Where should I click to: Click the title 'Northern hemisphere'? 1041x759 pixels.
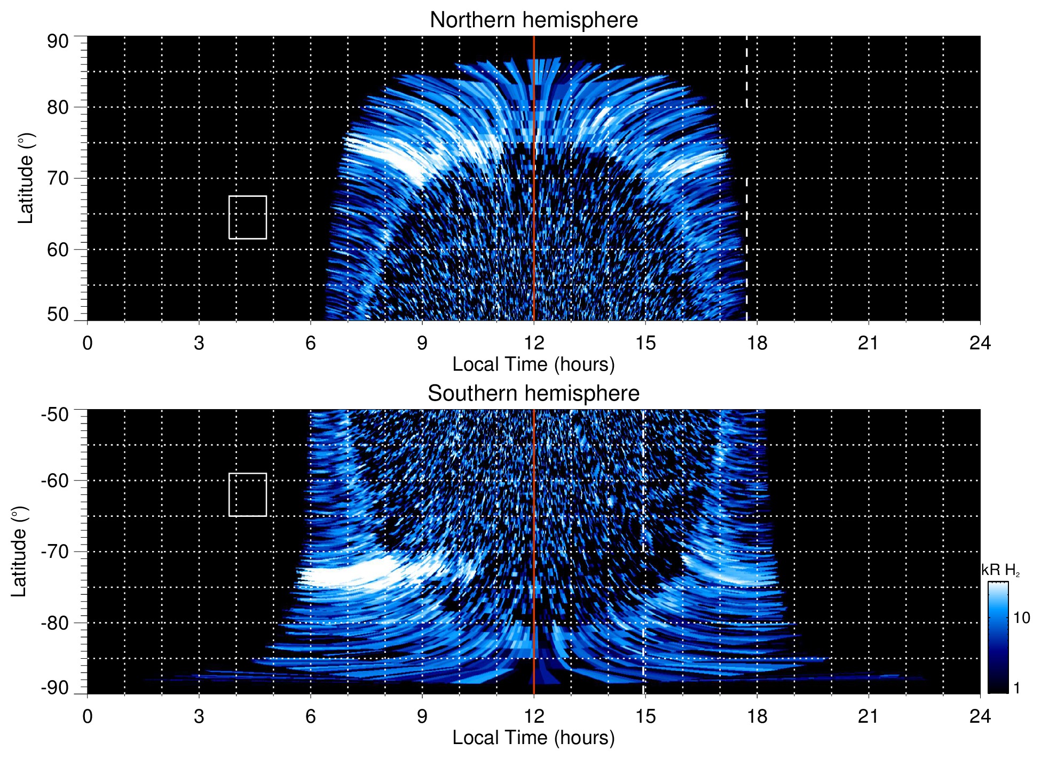[x=533, y=20]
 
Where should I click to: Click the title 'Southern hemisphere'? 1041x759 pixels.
[x=533, y=394]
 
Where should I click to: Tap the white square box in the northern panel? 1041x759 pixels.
[x=248, y=217]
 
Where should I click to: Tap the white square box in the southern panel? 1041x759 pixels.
[x=248, y=494]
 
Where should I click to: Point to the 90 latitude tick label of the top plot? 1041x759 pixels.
[x=58, y=42]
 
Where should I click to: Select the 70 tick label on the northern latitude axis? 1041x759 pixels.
[x=58, y=178]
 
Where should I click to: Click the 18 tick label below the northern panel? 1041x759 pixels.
[x=756, y=342]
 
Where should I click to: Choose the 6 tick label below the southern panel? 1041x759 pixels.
[x=310, y=716]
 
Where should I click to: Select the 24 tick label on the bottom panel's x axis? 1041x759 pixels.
[x=980, y=716]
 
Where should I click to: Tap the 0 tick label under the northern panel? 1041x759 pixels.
[x=88, y=342]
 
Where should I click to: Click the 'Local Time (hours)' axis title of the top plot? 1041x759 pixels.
[x=533, y=364]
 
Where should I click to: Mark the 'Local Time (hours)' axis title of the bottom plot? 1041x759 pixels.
[x=533, y=738]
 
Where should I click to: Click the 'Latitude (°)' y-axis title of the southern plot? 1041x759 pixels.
[x=19, y=552]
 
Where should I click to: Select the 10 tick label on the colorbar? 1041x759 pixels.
[x=1021, y=618]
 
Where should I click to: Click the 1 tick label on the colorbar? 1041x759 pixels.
[x=1016, y=688]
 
